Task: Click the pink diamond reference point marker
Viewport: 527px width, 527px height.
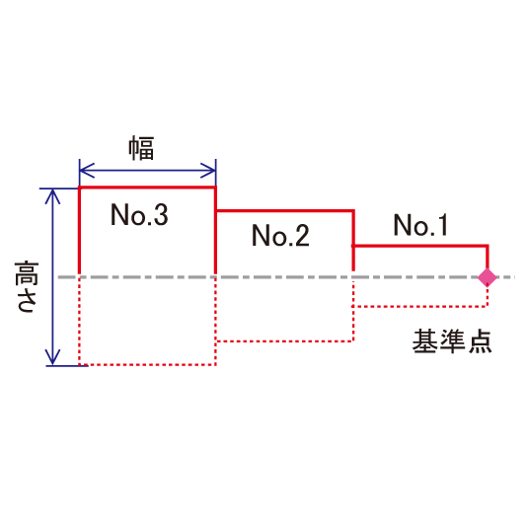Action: [488, 277]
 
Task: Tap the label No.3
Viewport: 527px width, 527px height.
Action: [139, 214]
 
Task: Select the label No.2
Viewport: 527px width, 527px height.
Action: [280, 235]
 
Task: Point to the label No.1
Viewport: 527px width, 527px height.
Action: [420, 225]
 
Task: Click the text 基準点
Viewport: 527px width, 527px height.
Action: [452, 341]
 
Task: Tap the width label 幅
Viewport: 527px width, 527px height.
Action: [141, 148]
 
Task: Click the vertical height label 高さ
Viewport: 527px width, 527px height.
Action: [27, 286]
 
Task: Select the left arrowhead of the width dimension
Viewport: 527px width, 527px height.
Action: [87, 171]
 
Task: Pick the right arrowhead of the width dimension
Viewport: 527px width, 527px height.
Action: [208, 171]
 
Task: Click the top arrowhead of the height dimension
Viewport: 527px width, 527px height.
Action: [52, 196]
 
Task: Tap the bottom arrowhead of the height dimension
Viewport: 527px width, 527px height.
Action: [52, 357]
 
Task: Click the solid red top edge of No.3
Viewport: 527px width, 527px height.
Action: [148, 188]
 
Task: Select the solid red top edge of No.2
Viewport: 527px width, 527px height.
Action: [284, 211]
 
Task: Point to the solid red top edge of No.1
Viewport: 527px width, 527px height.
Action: [420, 246]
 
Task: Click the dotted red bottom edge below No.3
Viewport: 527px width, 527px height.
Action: [148, 365]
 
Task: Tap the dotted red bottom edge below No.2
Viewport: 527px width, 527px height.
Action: [284, 341]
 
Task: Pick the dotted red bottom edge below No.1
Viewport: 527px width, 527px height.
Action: [420, 306]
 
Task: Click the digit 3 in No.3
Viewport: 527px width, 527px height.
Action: [160, 214]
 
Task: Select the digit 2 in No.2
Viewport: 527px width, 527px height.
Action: [301, 235]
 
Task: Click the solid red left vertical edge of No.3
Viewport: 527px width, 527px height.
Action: [80, 231]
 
